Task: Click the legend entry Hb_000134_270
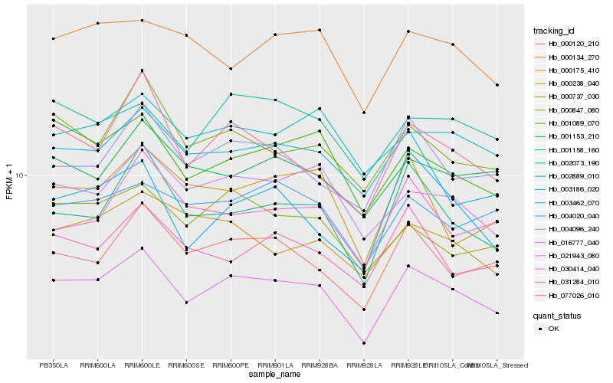pyautogui.click(x=572, y=57)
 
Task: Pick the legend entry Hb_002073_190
pyautogui.click(x=572, y=162)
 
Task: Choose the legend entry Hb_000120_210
pyautogui.click(x=572, y=44)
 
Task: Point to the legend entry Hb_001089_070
pyautogui.click(x=572, y=123)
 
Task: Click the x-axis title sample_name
pyautogui.click(x=274, y=374)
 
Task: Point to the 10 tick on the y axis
pyautogui.click(x=21, y=175)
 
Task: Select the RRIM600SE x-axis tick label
pyautogui.click(x=186, y=365)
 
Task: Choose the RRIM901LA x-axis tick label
pyautogui.click(x=274, y=365)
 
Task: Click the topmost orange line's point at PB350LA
pyautogui.click(x=54, y=38)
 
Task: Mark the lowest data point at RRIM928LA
pyautogui.click(x=364, y=343)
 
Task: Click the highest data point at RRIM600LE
pyautogui.click(x=142, y=21)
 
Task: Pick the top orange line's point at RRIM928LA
pyautogui.click(x=364, y=113)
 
